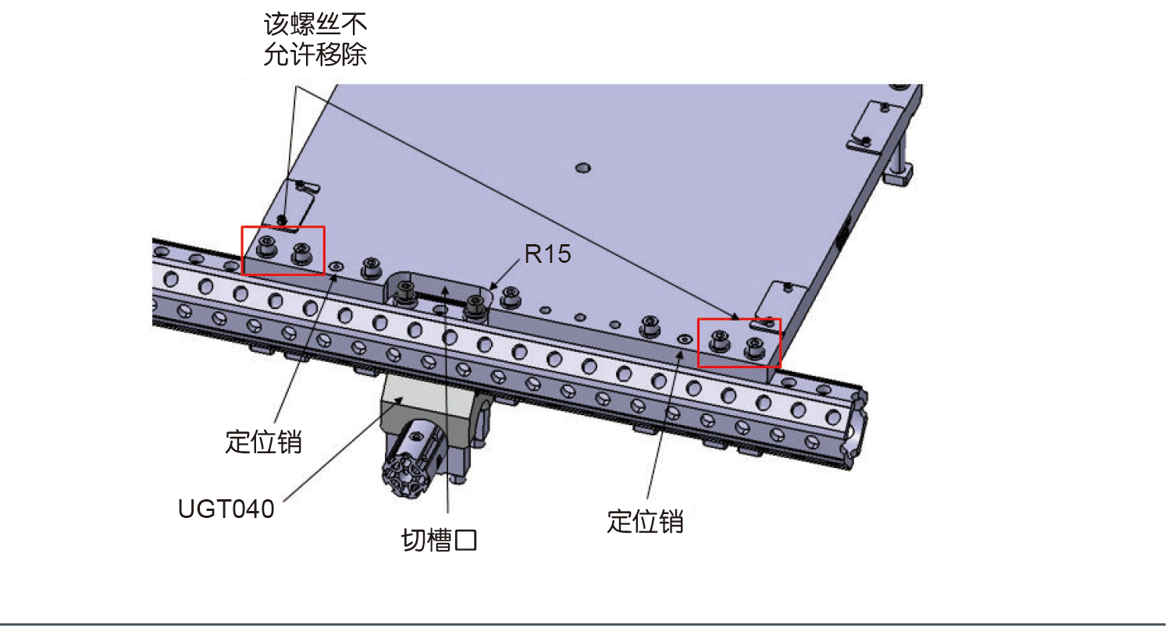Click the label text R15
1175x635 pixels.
coord(547,254)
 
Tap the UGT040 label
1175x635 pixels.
coord(226,509)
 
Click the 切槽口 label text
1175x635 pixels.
coord(439,540)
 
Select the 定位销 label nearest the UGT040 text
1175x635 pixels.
coord(263,442)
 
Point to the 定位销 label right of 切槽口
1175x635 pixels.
coord(645,521)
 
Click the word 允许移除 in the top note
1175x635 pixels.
coord(315,55)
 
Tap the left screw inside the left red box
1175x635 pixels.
coord(267,247)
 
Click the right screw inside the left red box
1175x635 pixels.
coord(301,253)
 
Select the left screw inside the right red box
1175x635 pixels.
coord(720,340)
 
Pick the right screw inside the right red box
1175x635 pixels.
coord(754,346)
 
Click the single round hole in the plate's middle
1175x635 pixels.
coord(582,168)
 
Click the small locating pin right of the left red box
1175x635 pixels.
coord(336,267)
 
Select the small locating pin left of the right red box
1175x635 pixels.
coord(685,340)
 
